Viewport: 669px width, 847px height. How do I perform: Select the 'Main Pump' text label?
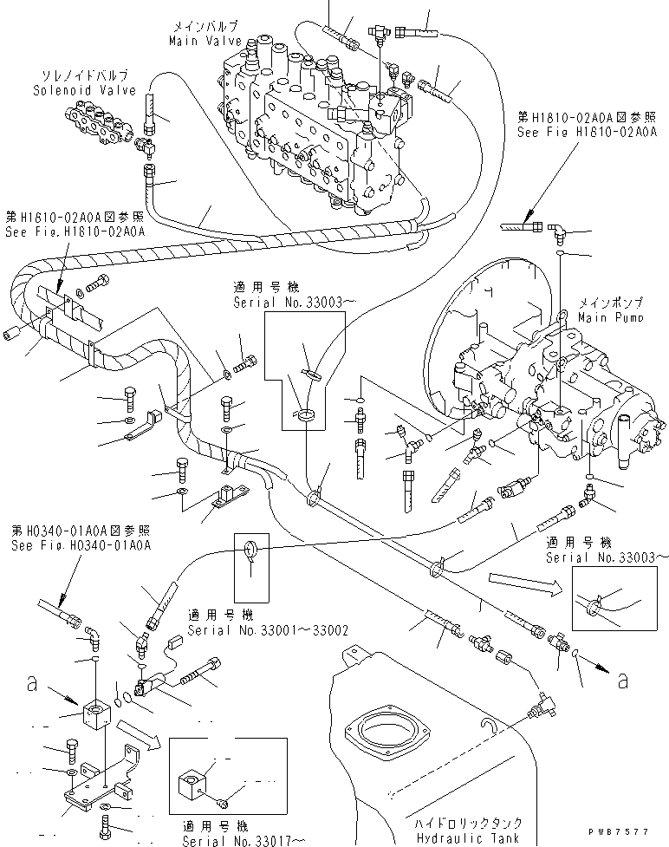coord(611,318)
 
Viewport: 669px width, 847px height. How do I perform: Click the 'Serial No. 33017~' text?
coord(244,841)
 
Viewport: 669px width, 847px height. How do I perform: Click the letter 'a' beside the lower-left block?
coord(34,684)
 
